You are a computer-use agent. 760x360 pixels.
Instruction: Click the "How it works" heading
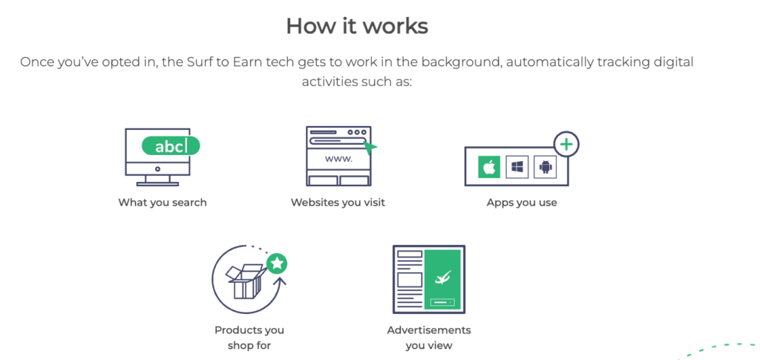[357, 26]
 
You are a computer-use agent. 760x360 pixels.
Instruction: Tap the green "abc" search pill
[171, 145]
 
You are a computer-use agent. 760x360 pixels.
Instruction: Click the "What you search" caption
[163, 203]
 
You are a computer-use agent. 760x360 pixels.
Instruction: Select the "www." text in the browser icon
[338, 159]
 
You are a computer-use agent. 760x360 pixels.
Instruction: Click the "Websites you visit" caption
[338, 203]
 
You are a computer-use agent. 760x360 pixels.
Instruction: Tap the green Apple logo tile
[489, 167]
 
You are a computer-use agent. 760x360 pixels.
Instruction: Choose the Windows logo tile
[517, 167]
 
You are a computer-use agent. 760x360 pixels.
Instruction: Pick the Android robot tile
[546, 167]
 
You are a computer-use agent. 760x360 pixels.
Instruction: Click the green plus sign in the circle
[566, 144]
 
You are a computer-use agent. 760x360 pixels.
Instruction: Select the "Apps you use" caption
[522, 203]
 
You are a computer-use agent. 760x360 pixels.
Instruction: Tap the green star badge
[277, 264]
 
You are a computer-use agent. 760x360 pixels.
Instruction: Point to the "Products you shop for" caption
[249, 338]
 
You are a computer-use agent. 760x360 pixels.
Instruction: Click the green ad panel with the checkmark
[442, 280]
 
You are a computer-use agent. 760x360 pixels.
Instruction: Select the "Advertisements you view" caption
[429, 338]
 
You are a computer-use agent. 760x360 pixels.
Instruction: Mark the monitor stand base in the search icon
[157, 184]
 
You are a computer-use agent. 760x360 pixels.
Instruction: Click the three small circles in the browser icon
[357, 132]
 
